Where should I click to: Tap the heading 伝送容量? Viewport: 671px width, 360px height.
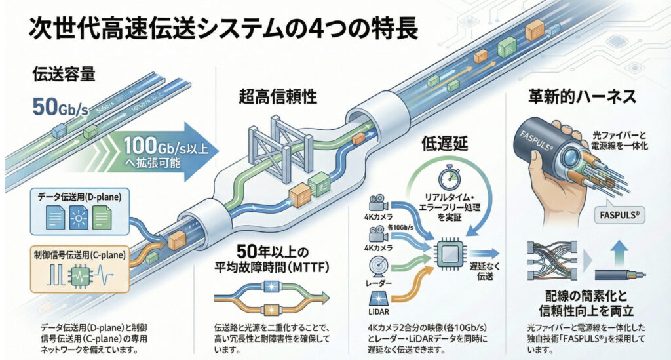pos(64,74)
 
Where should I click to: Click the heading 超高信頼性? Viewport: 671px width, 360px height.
pos(278,98)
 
